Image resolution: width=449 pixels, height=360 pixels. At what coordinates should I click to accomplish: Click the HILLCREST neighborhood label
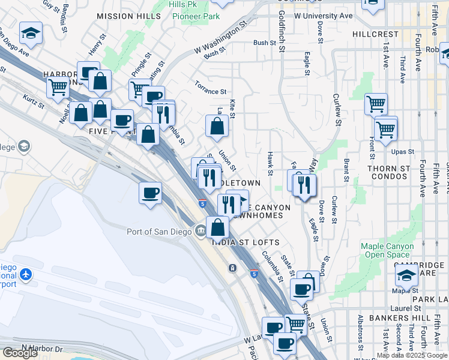pos(376,34)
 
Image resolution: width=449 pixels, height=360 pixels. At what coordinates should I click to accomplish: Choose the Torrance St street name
pos(210,88)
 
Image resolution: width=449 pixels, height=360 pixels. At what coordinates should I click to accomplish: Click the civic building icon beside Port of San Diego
pos(200,232)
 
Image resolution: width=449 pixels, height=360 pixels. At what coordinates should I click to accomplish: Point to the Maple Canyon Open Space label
pos(387,251)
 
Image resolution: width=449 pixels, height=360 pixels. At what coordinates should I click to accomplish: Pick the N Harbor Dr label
pos(42,349)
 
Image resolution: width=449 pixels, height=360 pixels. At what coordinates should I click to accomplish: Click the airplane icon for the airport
pos(25,274)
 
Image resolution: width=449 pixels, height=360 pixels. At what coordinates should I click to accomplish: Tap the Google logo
pos(20,353)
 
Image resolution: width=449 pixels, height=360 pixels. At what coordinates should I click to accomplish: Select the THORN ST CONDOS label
pos(388,173)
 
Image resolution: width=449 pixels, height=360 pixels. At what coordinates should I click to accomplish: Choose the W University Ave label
pos(323,15)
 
